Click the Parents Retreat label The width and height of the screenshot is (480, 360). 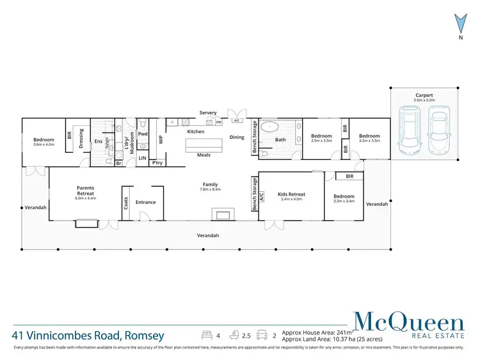click(x=85, y=191)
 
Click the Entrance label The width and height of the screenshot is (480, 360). click(x=145, y=202)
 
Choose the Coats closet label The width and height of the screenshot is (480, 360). click(x=125, y=203)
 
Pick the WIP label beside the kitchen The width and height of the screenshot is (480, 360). click(x=161, y=136)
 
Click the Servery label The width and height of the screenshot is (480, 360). click(x=208, y=113)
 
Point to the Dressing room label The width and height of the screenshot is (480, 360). click(x=81, y=138)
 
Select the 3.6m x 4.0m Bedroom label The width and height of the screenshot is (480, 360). click(x=44, y=141)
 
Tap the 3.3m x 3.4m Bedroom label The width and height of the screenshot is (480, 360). click(x=344, y=198)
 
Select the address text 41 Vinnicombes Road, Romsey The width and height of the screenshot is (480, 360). click(x=88, y=335)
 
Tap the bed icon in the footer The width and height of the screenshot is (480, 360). click(x=207, y=334)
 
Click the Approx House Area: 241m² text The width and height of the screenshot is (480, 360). click(x=316, y=332)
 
